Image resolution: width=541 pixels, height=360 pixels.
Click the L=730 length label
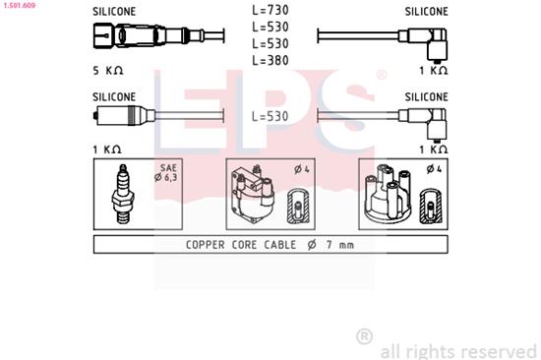(270, 10)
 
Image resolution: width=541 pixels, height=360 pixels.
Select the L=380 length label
(270, 60)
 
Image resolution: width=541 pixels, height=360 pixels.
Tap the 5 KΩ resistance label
(108, 71)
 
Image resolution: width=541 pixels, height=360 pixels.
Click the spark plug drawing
(123, 194)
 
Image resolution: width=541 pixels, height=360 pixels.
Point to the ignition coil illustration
(254, 195)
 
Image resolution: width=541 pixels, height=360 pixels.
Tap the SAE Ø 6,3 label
(166, 172)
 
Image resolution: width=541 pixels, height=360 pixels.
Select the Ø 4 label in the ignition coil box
(302, 169)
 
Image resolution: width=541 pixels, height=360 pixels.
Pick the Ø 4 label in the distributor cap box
(434, 169)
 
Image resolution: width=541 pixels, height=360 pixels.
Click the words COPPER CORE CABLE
(241, 245)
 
